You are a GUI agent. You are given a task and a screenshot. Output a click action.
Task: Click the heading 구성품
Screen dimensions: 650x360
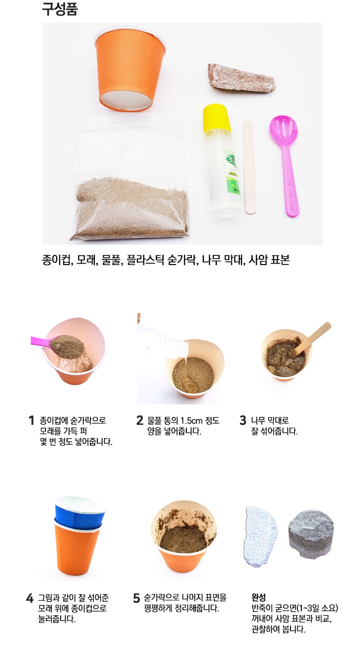60,10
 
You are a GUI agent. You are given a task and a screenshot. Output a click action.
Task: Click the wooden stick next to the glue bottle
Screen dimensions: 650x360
249,167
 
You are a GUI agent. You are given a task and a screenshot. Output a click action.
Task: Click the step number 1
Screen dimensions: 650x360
31,421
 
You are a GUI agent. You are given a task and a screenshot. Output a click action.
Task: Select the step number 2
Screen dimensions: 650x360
139,421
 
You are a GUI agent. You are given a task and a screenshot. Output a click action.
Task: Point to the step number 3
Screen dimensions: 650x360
243,421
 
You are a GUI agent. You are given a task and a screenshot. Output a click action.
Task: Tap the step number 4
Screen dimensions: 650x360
29,598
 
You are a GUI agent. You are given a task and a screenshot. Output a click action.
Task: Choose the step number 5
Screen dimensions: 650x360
136,598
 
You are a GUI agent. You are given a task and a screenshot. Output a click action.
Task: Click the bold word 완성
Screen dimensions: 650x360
258,597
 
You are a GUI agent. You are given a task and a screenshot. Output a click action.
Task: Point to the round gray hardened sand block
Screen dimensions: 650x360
311,534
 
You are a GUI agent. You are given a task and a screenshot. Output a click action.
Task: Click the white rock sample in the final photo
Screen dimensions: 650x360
260,536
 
